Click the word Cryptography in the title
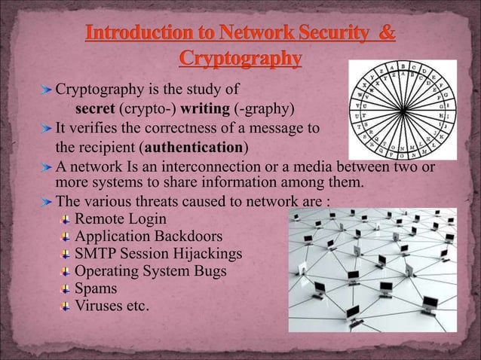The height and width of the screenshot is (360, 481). (240, 58)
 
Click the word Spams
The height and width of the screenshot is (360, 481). (97, 288)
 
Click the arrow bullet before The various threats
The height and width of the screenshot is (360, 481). (48, 201)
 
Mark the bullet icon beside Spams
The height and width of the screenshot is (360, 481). (66, 288)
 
